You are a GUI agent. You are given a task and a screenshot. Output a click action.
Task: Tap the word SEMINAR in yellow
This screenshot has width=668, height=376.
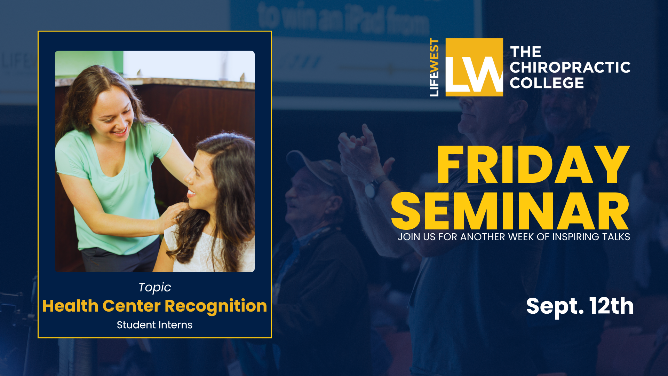click(x=510, y=211)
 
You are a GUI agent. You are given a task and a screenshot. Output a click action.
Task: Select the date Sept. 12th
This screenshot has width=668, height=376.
click(x=580, y=306)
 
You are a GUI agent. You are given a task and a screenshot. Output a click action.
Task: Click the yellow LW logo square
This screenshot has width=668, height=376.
click(x=474, y=67)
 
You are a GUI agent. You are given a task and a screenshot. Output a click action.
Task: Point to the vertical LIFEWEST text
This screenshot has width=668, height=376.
click(x=434, y=67)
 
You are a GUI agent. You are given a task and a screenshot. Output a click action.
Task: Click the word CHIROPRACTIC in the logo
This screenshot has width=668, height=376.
click(x=570, y=68)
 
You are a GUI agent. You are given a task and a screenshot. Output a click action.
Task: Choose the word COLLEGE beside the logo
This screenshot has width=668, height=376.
click(x=547, y=83)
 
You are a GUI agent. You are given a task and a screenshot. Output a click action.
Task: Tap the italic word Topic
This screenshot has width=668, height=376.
click(x=155, y=288)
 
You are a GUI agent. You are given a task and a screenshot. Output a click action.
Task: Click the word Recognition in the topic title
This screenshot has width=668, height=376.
click(x=216, y=306)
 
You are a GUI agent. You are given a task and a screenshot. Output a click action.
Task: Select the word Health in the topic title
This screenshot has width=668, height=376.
click(x=70, y=306)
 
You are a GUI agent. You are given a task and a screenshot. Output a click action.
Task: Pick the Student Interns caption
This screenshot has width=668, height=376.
click(x=154, y=325)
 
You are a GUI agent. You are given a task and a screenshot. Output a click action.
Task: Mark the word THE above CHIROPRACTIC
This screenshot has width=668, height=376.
click(x=525, y=52)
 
